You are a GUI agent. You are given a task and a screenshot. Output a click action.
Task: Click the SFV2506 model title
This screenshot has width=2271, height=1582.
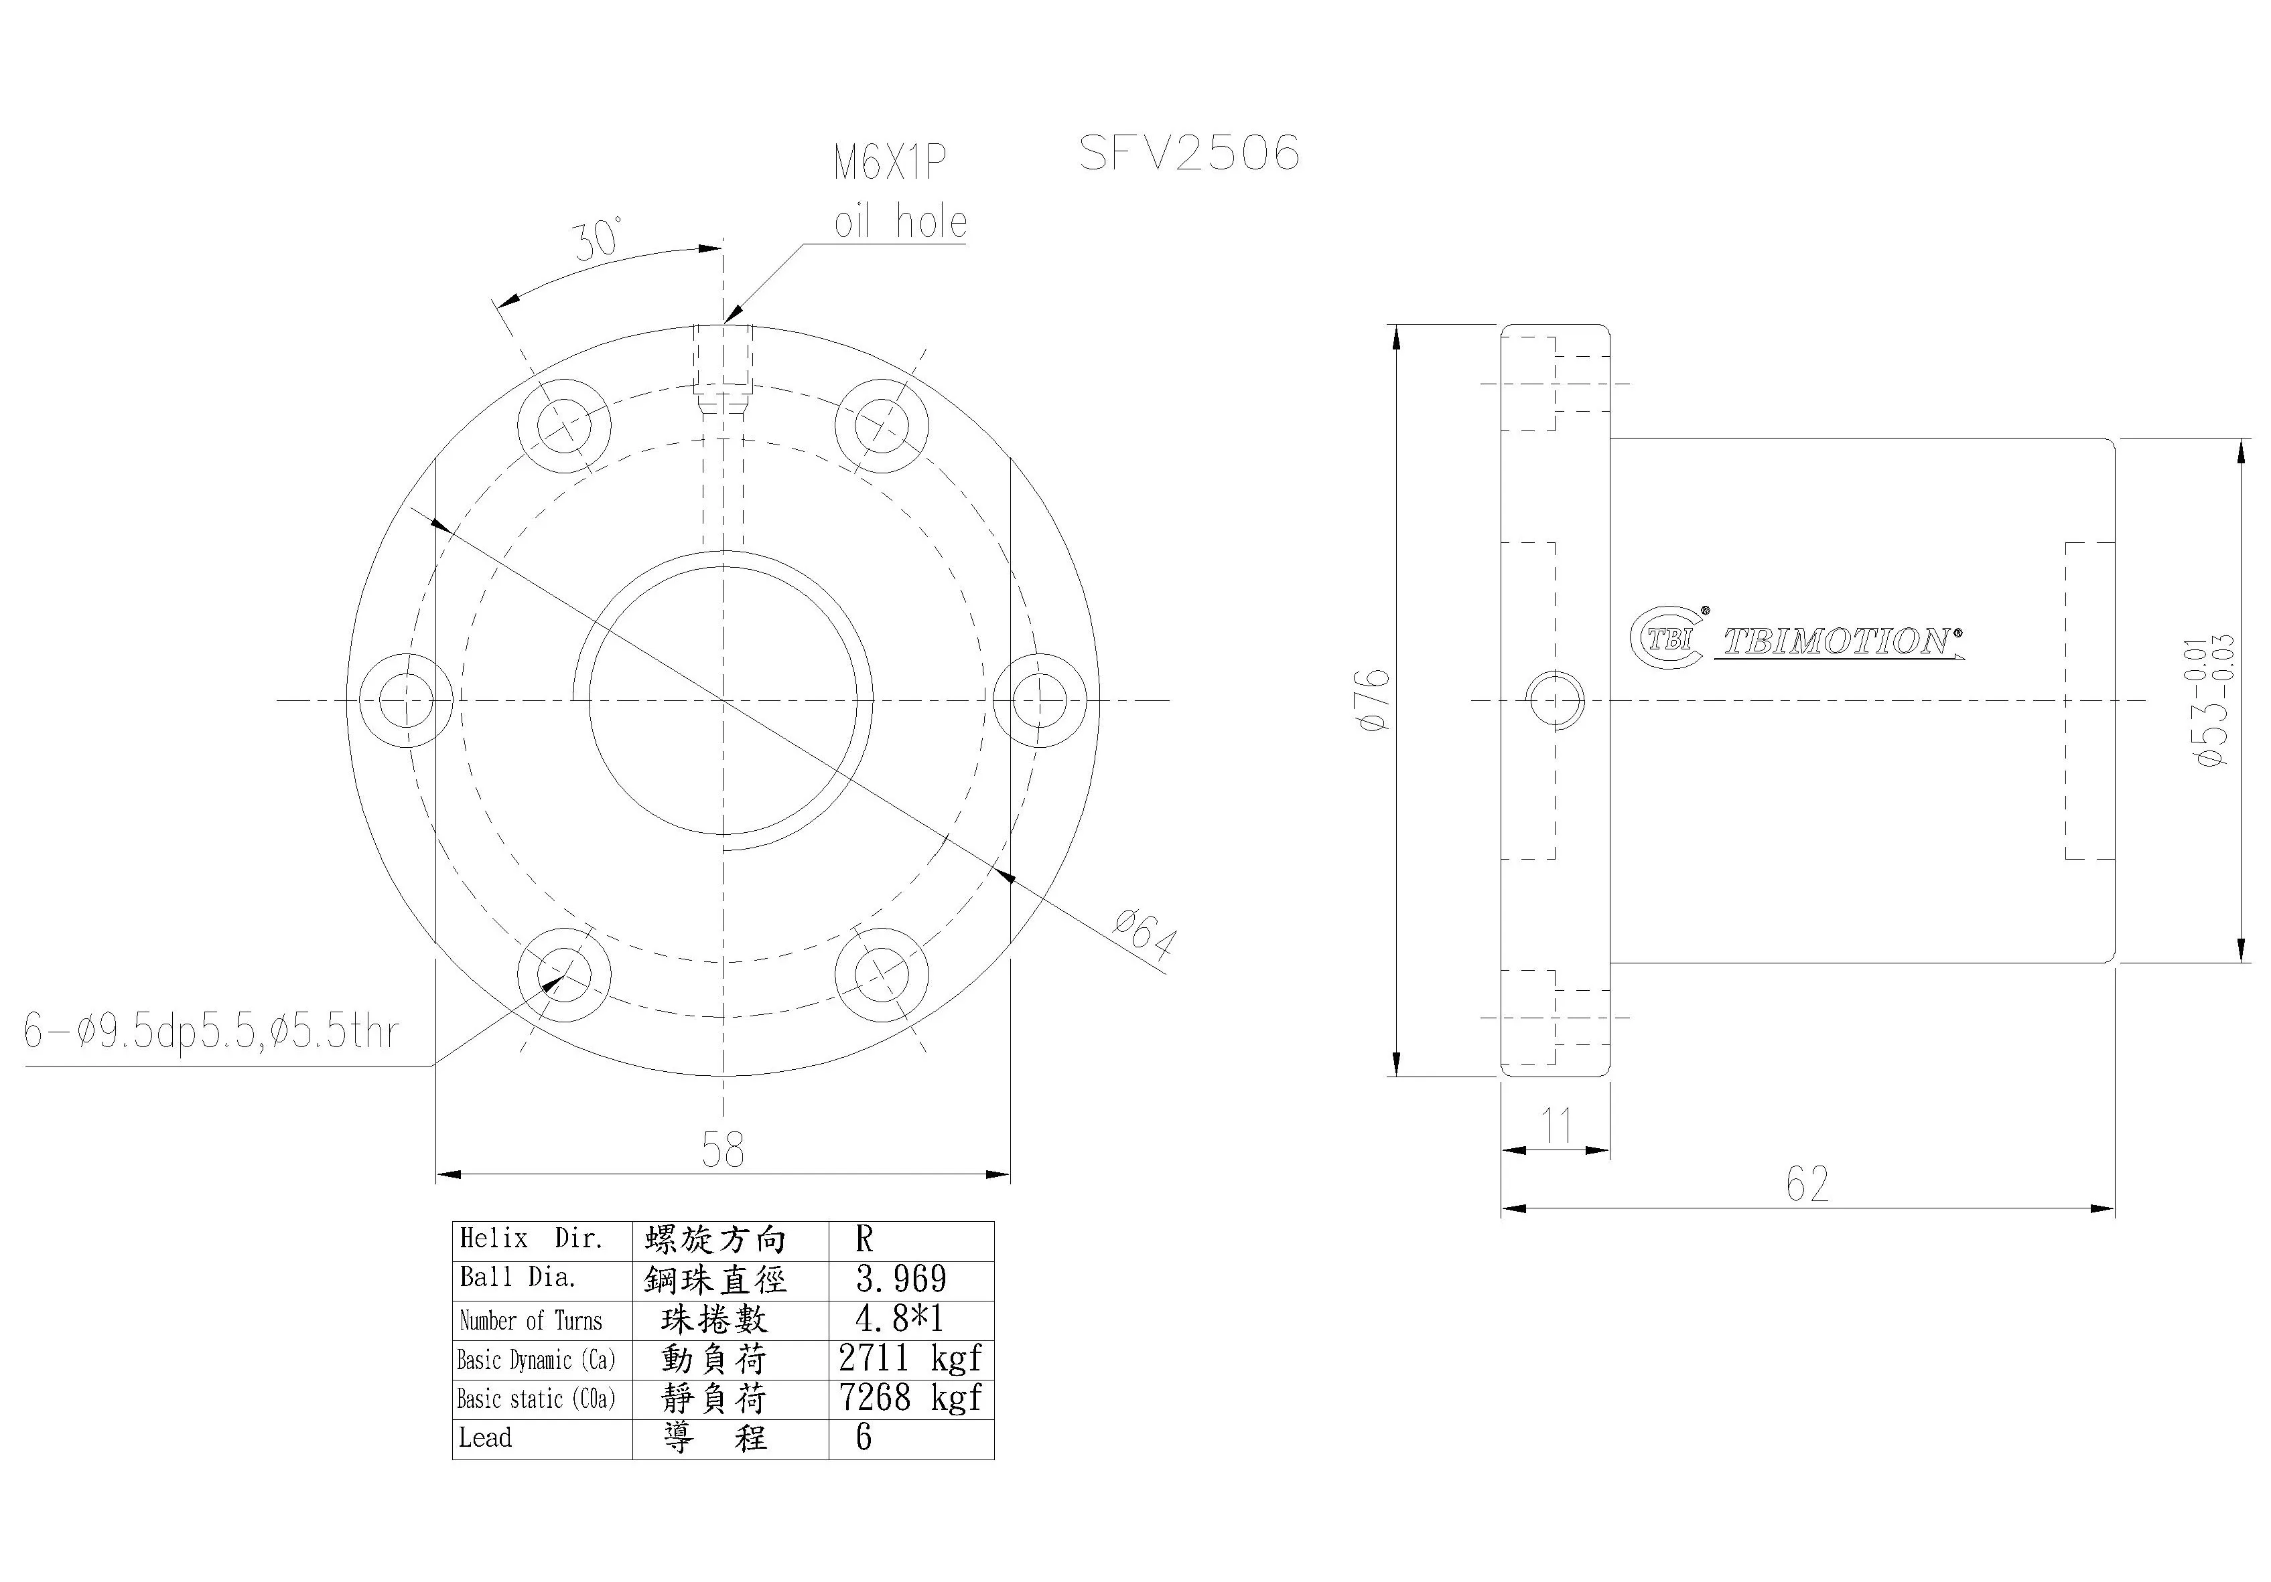pyautogui.click(x=1189, y=153)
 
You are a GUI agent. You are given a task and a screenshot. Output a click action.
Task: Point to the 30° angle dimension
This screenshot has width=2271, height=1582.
pyautogui.click(x=598, y=239)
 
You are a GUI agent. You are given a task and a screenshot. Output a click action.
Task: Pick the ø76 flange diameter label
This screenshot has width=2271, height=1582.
pyautogui.click(x=1375, y=700)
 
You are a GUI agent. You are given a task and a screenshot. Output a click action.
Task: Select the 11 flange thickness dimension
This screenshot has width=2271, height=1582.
pyautogui.click(x=1557, y=1125)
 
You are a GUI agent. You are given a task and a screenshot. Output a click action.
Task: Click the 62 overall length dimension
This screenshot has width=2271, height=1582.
pyautogui.click(x=1807, y=1184)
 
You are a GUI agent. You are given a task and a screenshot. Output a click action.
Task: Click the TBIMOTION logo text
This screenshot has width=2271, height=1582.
pyautogui.click(x=1838, y=641)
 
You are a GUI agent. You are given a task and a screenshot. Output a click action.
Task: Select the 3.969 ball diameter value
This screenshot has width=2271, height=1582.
pyautogui.click(x=901, y=1279)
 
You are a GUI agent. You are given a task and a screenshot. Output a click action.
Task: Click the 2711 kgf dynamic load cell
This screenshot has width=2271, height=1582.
pyautogui.click(x=910, y=1358)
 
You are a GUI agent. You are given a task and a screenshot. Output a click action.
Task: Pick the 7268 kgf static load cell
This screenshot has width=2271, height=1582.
pyautogui.click(x=910, y=1397)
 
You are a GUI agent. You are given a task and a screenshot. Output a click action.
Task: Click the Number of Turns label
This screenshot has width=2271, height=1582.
pyautogui.click(x=531, y=1320)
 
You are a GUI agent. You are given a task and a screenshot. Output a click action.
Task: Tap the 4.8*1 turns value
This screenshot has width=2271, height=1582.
pyautogui.click(x=899, y=1319)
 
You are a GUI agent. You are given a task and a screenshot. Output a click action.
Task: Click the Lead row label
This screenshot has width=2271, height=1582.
pyautogui.click(x=486, y=1437)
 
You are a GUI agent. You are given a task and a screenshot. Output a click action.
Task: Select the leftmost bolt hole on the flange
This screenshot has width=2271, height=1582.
pyautogui.click(x=405, y=700)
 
